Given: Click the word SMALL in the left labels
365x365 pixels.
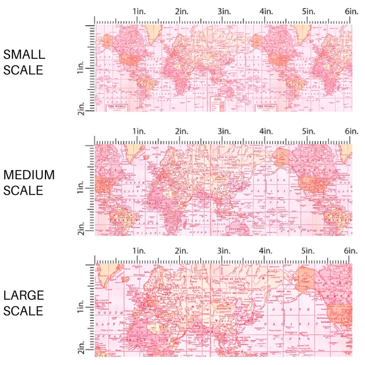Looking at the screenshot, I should click(24, 54).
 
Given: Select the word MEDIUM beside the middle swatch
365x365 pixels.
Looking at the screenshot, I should click(29, 175).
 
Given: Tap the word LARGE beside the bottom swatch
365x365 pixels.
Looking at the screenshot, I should click(23, 295).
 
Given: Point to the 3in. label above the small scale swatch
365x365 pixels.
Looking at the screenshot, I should click(224, 12).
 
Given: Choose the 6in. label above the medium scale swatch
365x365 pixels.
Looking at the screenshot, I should click(351, 131).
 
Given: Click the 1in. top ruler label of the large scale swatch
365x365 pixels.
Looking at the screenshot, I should click(139, 251).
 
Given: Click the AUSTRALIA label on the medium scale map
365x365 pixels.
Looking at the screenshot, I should click(237, 226).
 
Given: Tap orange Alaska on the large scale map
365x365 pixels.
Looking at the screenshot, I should click(305, 277).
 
